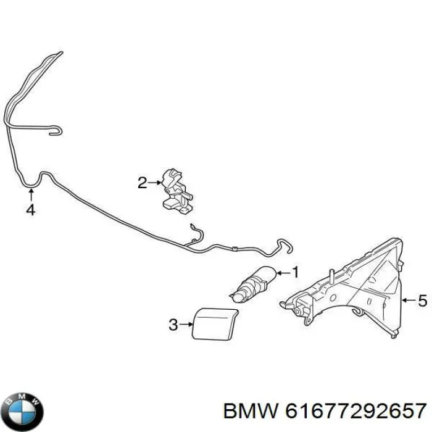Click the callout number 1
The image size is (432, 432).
point(295,272)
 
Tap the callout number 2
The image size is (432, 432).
point(142,183)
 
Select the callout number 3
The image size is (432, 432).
point(173,325)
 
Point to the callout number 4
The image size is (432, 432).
point(31,210)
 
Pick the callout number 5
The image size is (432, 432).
point(423,301)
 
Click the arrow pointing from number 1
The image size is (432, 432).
point(283,273)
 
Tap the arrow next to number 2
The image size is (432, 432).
point(154,183)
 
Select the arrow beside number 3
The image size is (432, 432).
point(186,325)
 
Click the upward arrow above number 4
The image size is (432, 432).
point(31,194)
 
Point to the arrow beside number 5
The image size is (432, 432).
point(409,300)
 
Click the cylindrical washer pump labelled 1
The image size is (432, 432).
point(252,285)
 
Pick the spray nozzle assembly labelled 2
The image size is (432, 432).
point(177,190)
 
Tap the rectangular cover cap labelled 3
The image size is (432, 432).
point(214,324)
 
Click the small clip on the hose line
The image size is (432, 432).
point(235,249)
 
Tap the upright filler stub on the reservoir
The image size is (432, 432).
point(331,276)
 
